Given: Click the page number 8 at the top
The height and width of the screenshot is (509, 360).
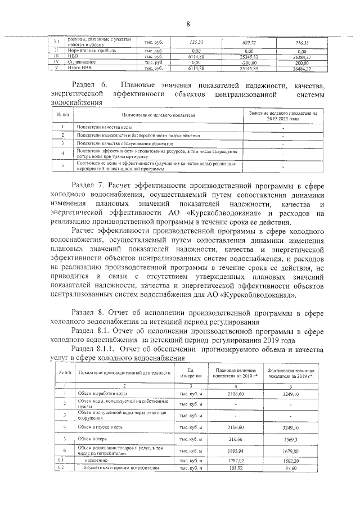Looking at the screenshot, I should click(188, 23).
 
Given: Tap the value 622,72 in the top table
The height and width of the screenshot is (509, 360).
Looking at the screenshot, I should click(247, 43).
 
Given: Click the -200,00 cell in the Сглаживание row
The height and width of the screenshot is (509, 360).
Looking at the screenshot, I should click(247, 62).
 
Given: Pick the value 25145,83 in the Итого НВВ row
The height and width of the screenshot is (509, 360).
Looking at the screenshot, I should click(247, 68).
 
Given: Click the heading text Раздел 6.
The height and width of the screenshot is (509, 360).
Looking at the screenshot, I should click(91, 85).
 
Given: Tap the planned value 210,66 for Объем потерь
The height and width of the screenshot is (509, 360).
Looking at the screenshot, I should click(247, 438).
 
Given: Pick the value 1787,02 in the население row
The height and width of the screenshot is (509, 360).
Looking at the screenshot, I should click(247, 460).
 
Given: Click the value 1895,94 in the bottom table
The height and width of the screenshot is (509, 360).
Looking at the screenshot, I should click(247, 451).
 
